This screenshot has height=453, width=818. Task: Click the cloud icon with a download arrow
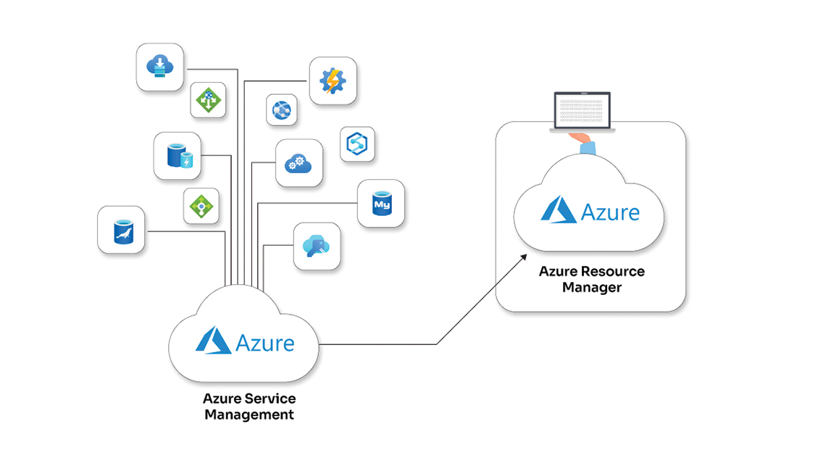tap(160, 67)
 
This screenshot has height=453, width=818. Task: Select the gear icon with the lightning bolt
tap(333, 80)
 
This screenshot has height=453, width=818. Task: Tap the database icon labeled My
tap(381, 204)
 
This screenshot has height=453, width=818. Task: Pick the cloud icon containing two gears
tap(299, 163)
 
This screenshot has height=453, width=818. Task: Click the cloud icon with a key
tap(317, 246)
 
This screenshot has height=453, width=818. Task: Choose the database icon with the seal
tap(122, 230)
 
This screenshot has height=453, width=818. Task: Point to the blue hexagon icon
tap(357, 144)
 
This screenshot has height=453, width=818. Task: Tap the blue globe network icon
tap(281, 109)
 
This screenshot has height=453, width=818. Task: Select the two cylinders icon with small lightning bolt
tap(178, 156)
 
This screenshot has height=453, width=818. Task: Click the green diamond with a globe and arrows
tap(209, 100)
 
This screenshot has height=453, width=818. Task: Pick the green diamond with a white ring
tap(201, 207)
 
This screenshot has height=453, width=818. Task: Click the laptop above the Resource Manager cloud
tap(583, 112)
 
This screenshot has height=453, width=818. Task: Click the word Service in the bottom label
tap(270, 399)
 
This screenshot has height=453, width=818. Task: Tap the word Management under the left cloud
tap(249, 415)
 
